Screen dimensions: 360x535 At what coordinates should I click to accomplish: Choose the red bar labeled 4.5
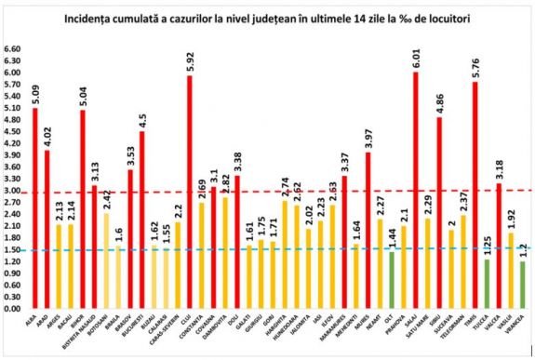click(141, 220)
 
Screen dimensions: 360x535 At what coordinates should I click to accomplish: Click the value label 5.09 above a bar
click(34, 92)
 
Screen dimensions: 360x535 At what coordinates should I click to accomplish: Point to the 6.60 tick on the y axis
click(12, 49)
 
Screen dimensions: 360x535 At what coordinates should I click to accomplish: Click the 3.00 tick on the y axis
click(12, 191)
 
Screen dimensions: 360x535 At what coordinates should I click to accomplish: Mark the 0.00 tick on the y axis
click(12, 308)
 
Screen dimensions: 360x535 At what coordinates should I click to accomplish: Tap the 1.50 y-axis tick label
click(12, 249)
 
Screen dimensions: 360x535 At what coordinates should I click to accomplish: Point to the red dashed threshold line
click(279, 192)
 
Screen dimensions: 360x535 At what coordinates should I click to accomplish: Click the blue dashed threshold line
click(279, 249)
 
